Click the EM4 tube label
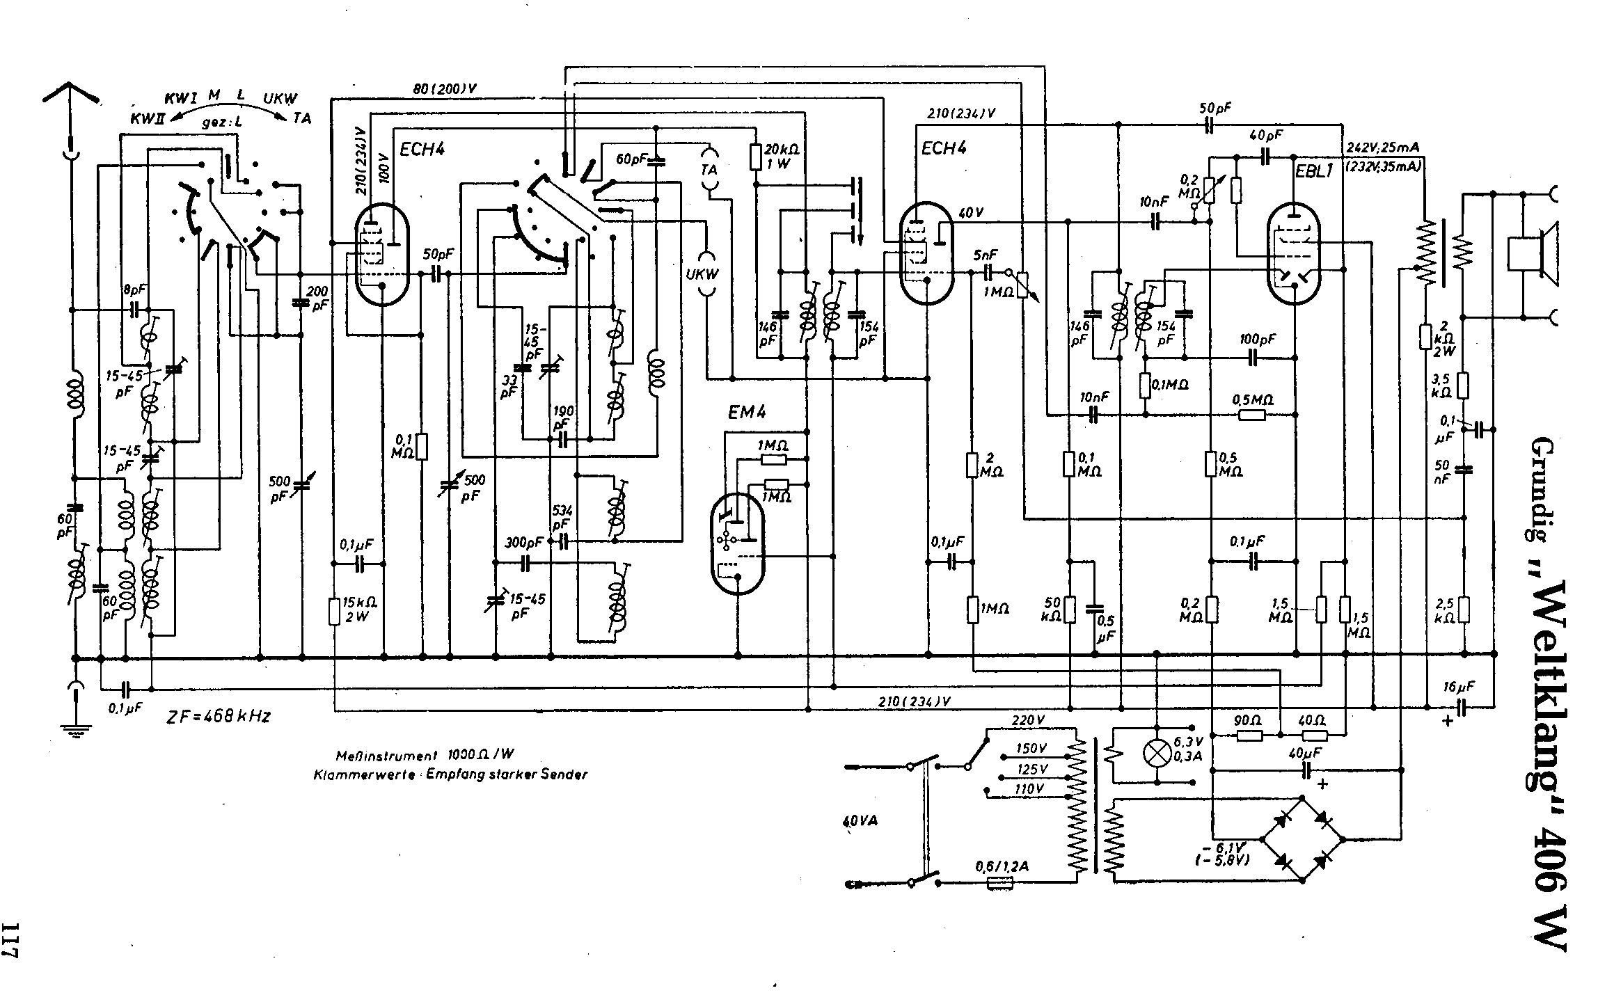tap(747, 413)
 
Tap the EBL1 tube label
tap(1313, 172)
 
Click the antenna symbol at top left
tap(71, 97)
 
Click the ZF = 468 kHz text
tap(219, 716)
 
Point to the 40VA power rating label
tap(860, 821)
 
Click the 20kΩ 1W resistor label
tap(782, 157)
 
